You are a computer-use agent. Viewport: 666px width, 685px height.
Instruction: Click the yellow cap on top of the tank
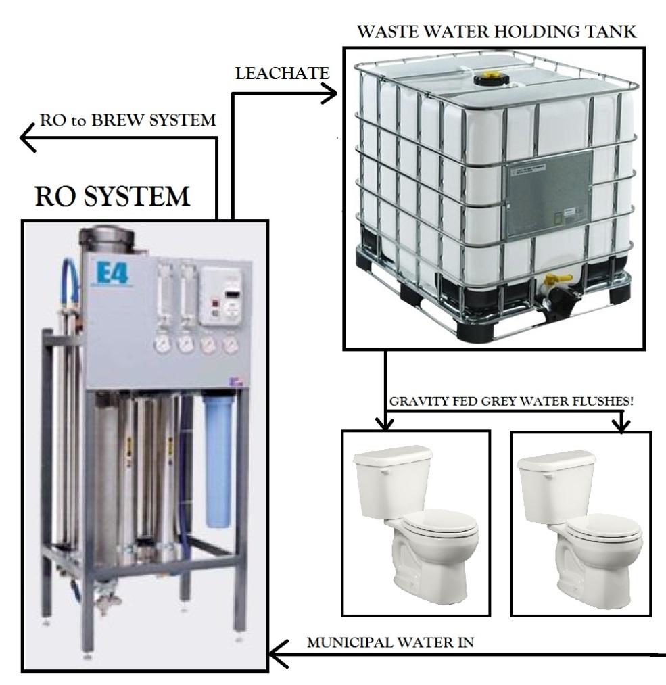click(x=492, y=78)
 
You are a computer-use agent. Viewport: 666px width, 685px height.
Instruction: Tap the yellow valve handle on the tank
click(x=559, y=277)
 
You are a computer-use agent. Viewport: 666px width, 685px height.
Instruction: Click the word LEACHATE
click(x=282, y=74)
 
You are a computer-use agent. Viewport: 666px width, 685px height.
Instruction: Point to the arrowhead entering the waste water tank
click(x=329, y=93)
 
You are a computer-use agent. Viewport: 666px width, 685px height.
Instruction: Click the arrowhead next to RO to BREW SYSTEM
click(x=28, y=138)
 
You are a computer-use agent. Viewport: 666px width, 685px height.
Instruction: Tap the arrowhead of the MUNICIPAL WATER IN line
click(x=279, y=654)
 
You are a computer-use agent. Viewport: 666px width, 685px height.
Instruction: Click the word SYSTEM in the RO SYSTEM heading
click(x=137, y=196)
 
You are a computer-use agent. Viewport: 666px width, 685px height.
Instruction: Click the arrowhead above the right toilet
click(x=621, y=425)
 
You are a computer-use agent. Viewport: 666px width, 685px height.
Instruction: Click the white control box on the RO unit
click(x=221, y=297)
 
